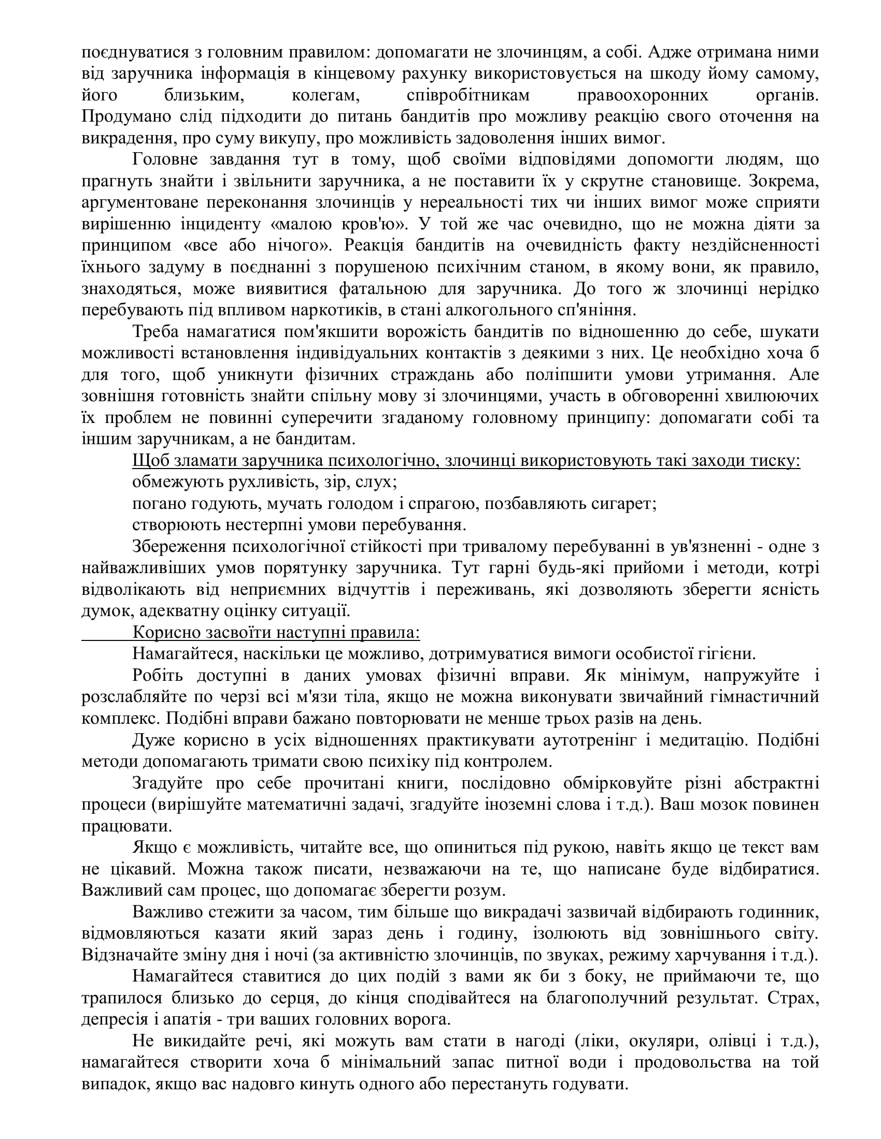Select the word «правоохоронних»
click(x=643, y=95)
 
